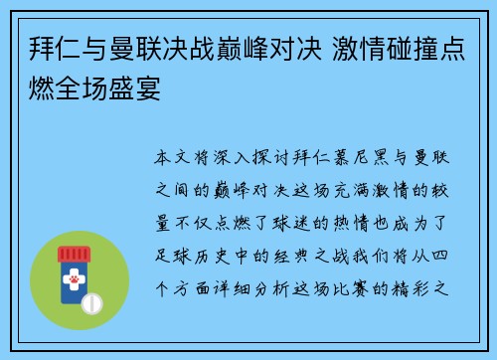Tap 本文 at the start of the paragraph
pyautogui.click(x=170, y=158)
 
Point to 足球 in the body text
pyautogui.click(x=170, y=247)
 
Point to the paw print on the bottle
pyautogui.click(x=74, y=282)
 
